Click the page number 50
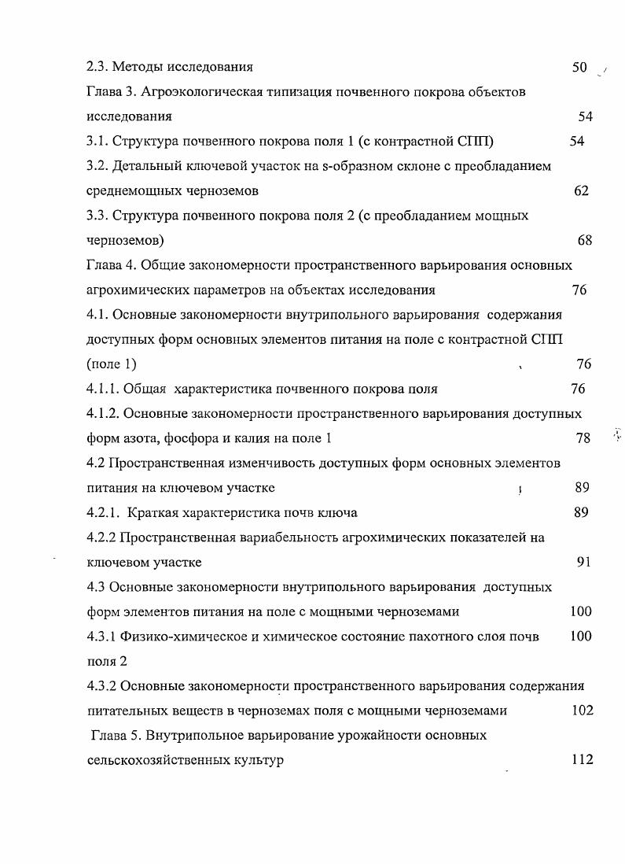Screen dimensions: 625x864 pyautogui.click(x=580, y=67)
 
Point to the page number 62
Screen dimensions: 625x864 pyautogui.click(x=581, y=190)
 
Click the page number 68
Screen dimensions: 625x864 pyautogui.click(x=584, y=240)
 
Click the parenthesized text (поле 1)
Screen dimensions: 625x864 pyautogui.click(x=112, y=364)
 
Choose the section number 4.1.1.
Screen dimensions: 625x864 pyautogui.click(x=102, y=389)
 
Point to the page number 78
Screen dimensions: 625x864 pyautogui.click(x=583, y=438)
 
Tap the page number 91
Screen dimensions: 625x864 pyautogui.click(x=583, y=562)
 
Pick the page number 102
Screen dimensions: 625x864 pyautogui.click(x=582, y=711)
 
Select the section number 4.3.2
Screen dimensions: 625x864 pyautogui.click(x=102, y=685)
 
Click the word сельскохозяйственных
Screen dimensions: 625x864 pyautogui.click(x=155, y=760)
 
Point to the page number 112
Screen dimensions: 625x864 pyautogui.click(x=582, y=760)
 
